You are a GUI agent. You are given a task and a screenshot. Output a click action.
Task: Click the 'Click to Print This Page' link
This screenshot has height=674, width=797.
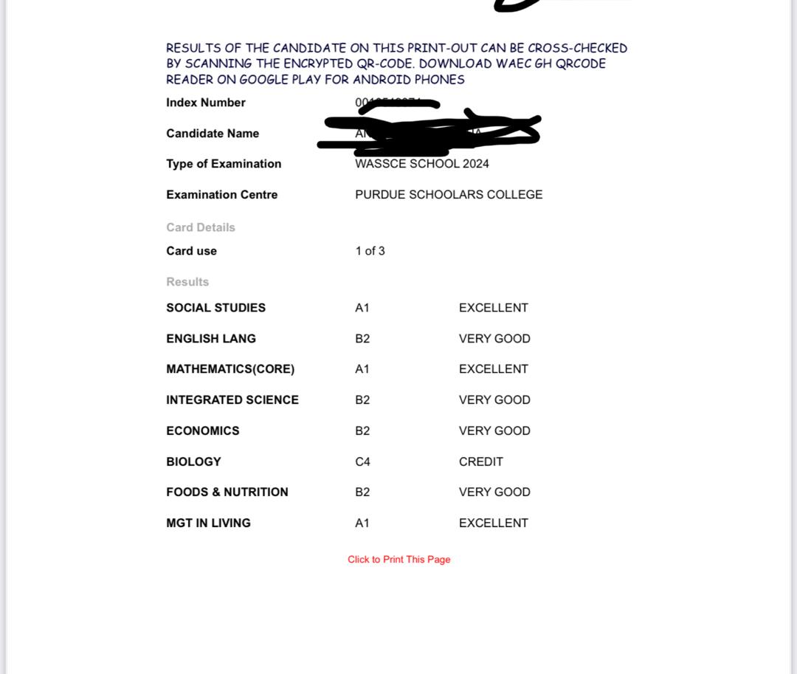pyautogui.click(x=398, y=560)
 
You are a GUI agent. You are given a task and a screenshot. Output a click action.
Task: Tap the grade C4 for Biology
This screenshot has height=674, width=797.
pyautogui.click(x=362, y=461)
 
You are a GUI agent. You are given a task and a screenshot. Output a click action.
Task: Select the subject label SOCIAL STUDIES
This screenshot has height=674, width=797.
pyautogui.click(x=215, y=308)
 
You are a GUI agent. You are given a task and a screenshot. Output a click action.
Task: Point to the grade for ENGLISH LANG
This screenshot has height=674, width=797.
pyautogui.click(x=362, y=339)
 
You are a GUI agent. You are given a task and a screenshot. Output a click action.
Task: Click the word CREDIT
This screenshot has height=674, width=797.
pyautogui.click(x=480, y=461)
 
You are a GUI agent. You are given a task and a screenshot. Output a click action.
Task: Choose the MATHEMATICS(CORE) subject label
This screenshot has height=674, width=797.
pyautogui.click(x=230, y=369)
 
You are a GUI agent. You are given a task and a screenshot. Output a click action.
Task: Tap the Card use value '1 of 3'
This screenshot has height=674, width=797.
pyautogui.click(x=370, y=251)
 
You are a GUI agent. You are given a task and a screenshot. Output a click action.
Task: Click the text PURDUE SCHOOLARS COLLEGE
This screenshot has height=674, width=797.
pyautogui.click(x=449, y=195)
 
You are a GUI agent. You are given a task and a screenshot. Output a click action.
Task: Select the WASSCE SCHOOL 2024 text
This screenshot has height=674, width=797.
pyautogui.click(x=421, y=164)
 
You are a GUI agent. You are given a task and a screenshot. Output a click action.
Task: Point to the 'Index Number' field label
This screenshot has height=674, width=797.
pyautogui.click(x=206, y=103)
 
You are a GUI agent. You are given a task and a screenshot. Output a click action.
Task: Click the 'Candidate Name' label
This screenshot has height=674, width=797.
pyautogui.click(x=213, y=134)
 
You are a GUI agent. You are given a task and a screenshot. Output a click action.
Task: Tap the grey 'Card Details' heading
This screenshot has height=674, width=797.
pyautogui.click(x=201, y=227)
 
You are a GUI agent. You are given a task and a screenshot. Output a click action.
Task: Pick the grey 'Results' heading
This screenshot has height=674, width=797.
pyautogui.click(x=187, y=282)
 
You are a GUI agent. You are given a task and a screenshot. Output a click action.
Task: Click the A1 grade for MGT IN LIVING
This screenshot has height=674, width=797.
pyautogui.click(x=362, y=523)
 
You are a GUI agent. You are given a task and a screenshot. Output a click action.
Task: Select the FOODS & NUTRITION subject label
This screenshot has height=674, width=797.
pyautogui.click(x=227, y=492)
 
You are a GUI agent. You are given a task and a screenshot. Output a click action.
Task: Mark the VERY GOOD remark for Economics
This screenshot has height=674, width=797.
pyautogui.click(x=494, y=430)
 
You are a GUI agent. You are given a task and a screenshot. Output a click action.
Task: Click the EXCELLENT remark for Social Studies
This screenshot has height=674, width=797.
pyautogui.click(x=493, y=308)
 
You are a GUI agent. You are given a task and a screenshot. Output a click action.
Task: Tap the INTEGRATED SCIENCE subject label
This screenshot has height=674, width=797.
pyautogui.click(x=232, y=400)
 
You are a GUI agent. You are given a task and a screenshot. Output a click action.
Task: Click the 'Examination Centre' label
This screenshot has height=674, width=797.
pyautogui.click(x=222, y=195)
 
